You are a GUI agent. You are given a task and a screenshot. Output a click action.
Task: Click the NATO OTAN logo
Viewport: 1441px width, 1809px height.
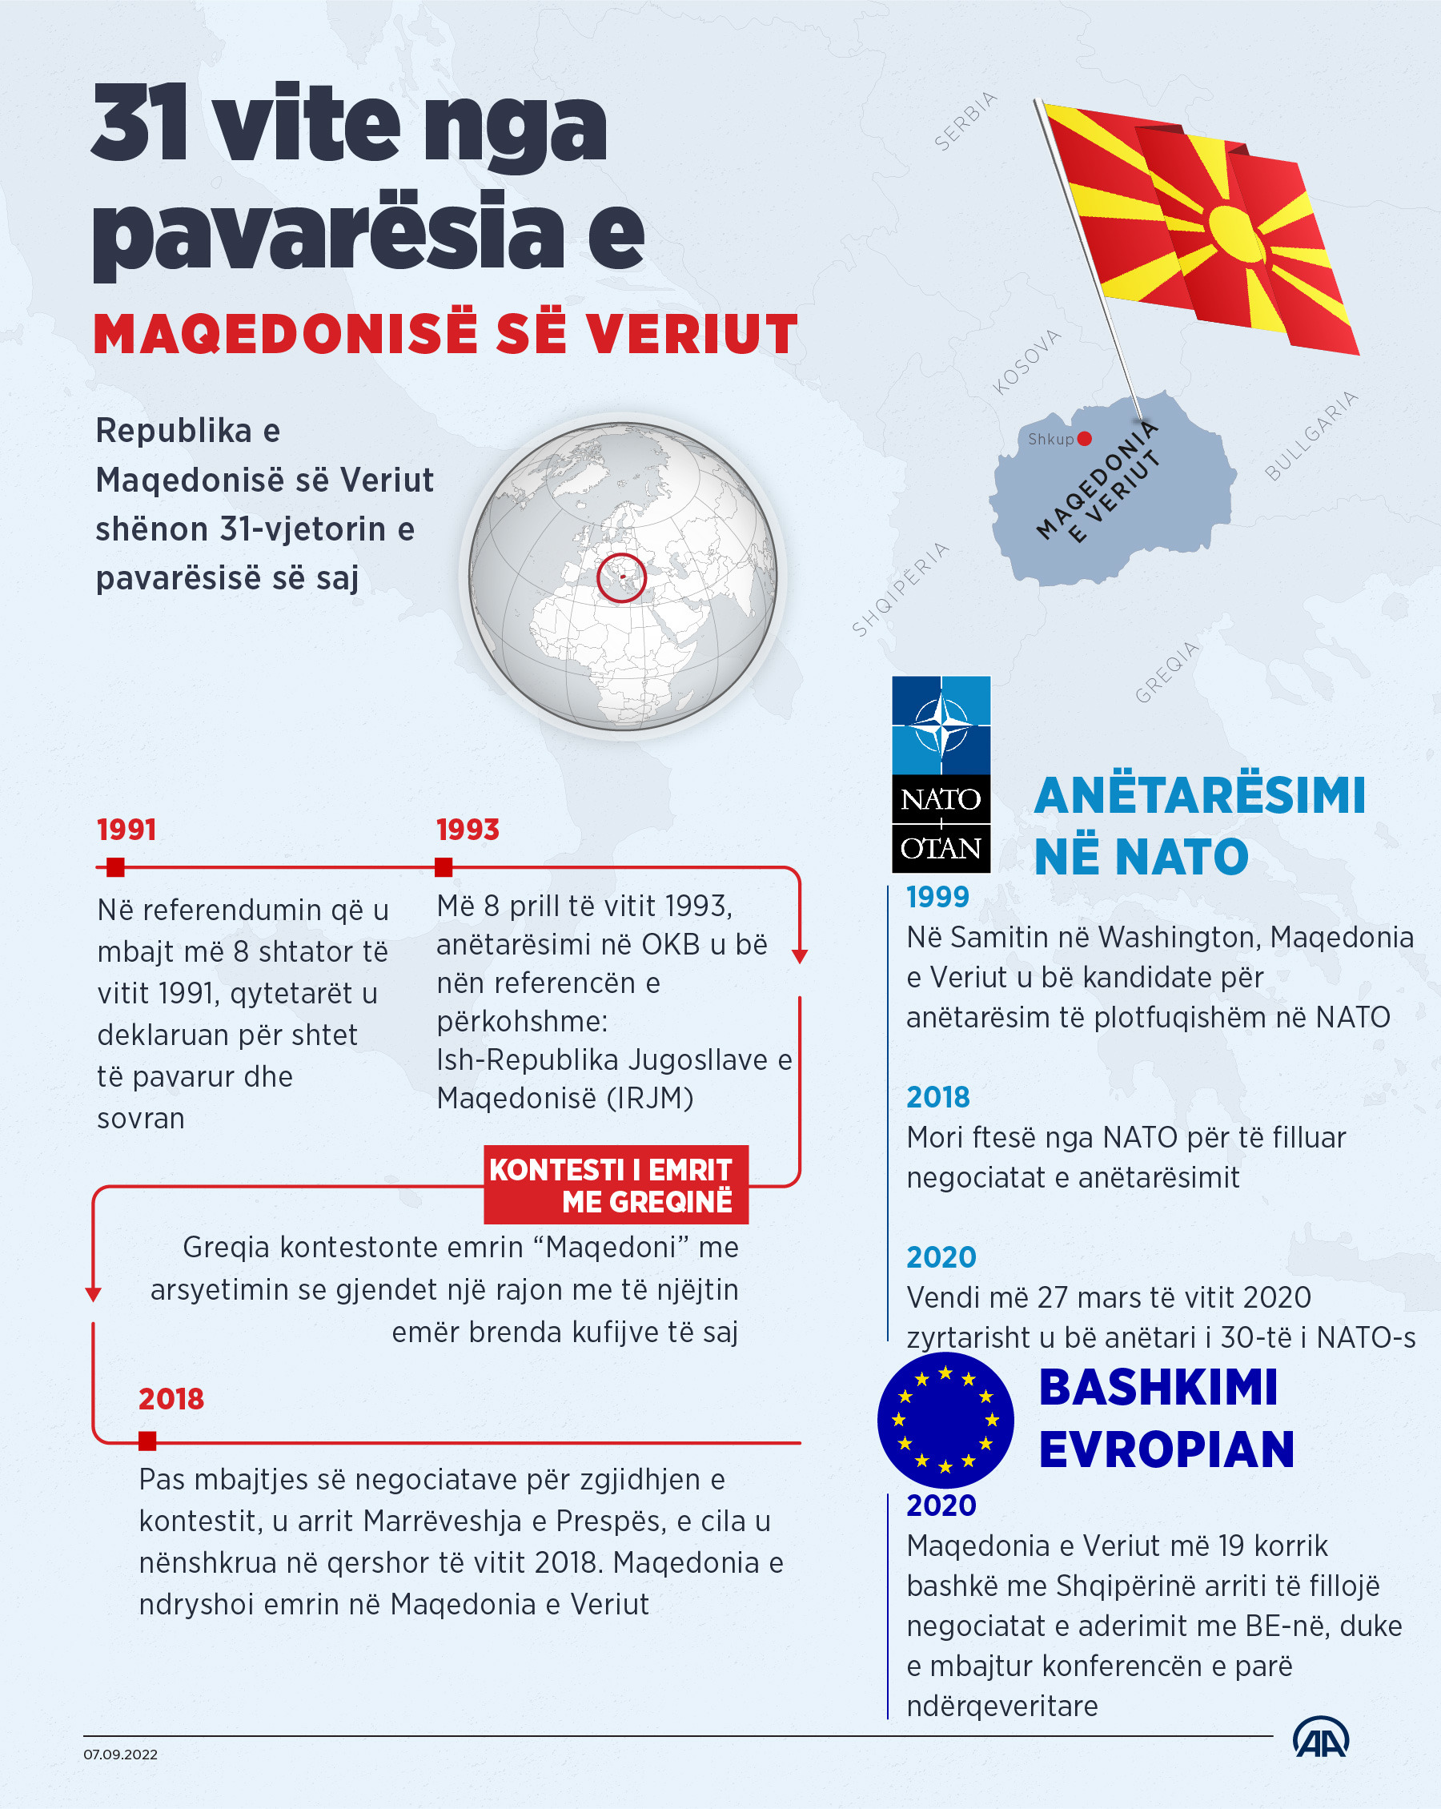click(941, 774)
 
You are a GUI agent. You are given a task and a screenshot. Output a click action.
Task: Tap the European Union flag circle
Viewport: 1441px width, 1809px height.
click(945, 1420)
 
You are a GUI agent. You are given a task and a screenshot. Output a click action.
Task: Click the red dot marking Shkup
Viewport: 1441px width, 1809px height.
click(1085, 438)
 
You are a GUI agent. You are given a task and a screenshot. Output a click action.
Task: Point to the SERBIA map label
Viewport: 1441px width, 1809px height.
click(965, 122)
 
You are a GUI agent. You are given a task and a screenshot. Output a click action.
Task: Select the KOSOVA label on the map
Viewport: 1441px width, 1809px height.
click(1026, 363)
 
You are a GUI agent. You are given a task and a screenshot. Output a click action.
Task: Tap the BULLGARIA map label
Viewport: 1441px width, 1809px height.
click(1311, 436)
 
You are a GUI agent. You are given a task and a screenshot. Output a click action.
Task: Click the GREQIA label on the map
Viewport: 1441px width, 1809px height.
click(1167, 671)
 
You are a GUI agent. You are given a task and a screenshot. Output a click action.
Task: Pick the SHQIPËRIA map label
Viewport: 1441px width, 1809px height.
click(901, 589)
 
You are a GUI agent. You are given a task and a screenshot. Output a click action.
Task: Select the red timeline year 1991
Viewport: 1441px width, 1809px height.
click(126, 830)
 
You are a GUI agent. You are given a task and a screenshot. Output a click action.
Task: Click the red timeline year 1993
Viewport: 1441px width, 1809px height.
click(468, 830)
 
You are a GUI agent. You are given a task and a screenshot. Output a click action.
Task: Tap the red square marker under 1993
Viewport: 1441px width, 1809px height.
click(444, 866)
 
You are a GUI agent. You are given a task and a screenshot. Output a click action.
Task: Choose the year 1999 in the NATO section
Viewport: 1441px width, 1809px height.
click(937, 897)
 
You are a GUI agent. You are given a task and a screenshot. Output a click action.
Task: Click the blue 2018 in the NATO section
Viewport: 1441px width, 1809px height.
click(937, 1097)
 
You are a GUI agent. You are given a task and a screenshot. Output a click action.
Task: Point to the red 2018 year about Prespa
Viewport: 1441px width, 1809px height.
click(171, 1399)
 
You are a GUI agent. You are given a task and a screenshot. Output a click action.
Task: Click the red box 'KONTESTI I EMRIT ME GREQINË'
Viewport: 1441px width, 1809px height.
click(616, 1184)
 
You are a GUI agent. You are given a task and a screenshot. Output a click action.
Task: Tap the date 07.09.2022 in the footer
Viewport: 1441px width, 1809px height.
click(120, 1755)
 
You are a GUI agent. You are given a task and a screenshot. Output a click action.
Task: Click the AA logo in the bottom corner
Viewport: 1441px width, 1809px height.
click(1320, 1738)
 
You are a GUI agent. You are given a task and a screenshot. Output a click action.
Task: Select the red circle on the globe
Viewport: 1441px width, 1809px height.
click(621, 577)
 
